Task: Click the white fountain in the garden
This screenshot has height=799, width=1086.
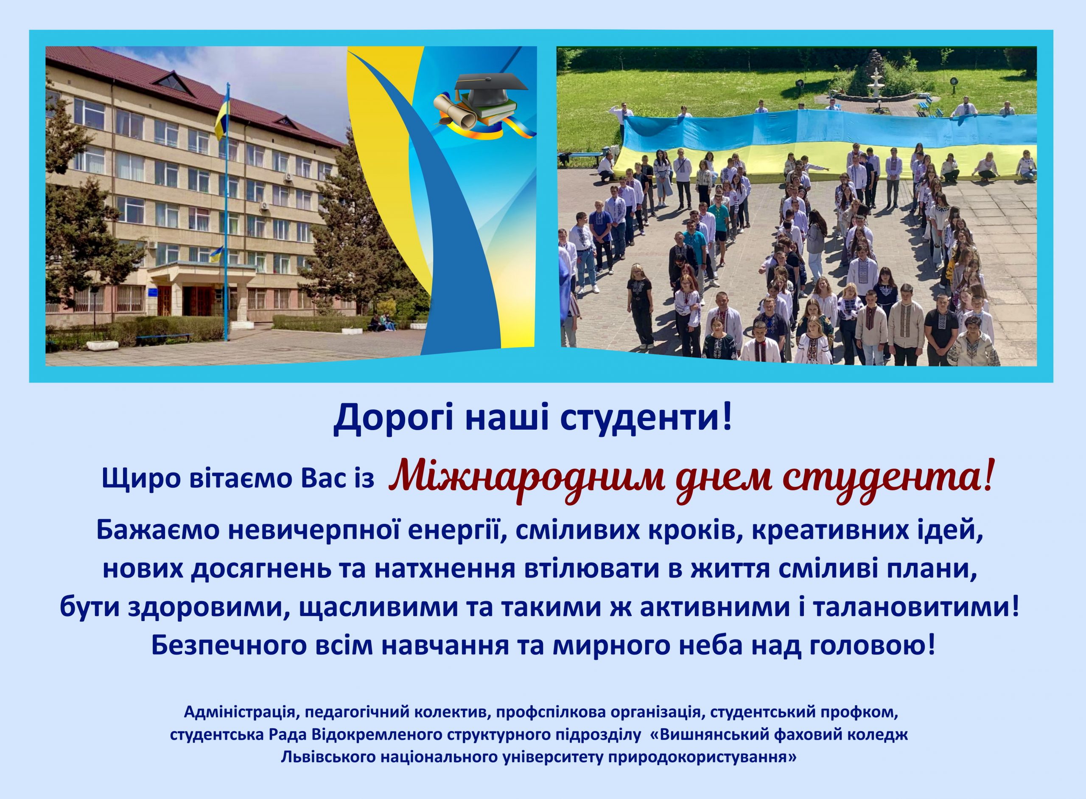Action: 874,87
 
